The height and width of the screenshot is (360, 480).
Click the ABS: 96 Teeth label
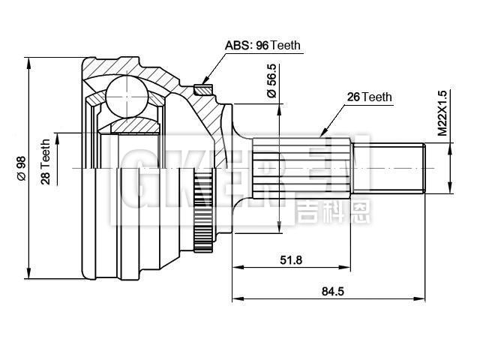point(262,45)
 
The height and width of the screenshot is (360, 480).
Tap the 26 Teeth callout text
point(370,97)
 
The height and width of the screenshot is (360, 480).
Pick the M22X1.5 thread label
point(442,112)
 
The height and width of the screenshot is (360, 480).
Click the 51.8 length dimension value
point(291,259)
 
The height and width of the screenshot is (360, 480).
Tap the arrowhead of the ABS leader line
point(202,83)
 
